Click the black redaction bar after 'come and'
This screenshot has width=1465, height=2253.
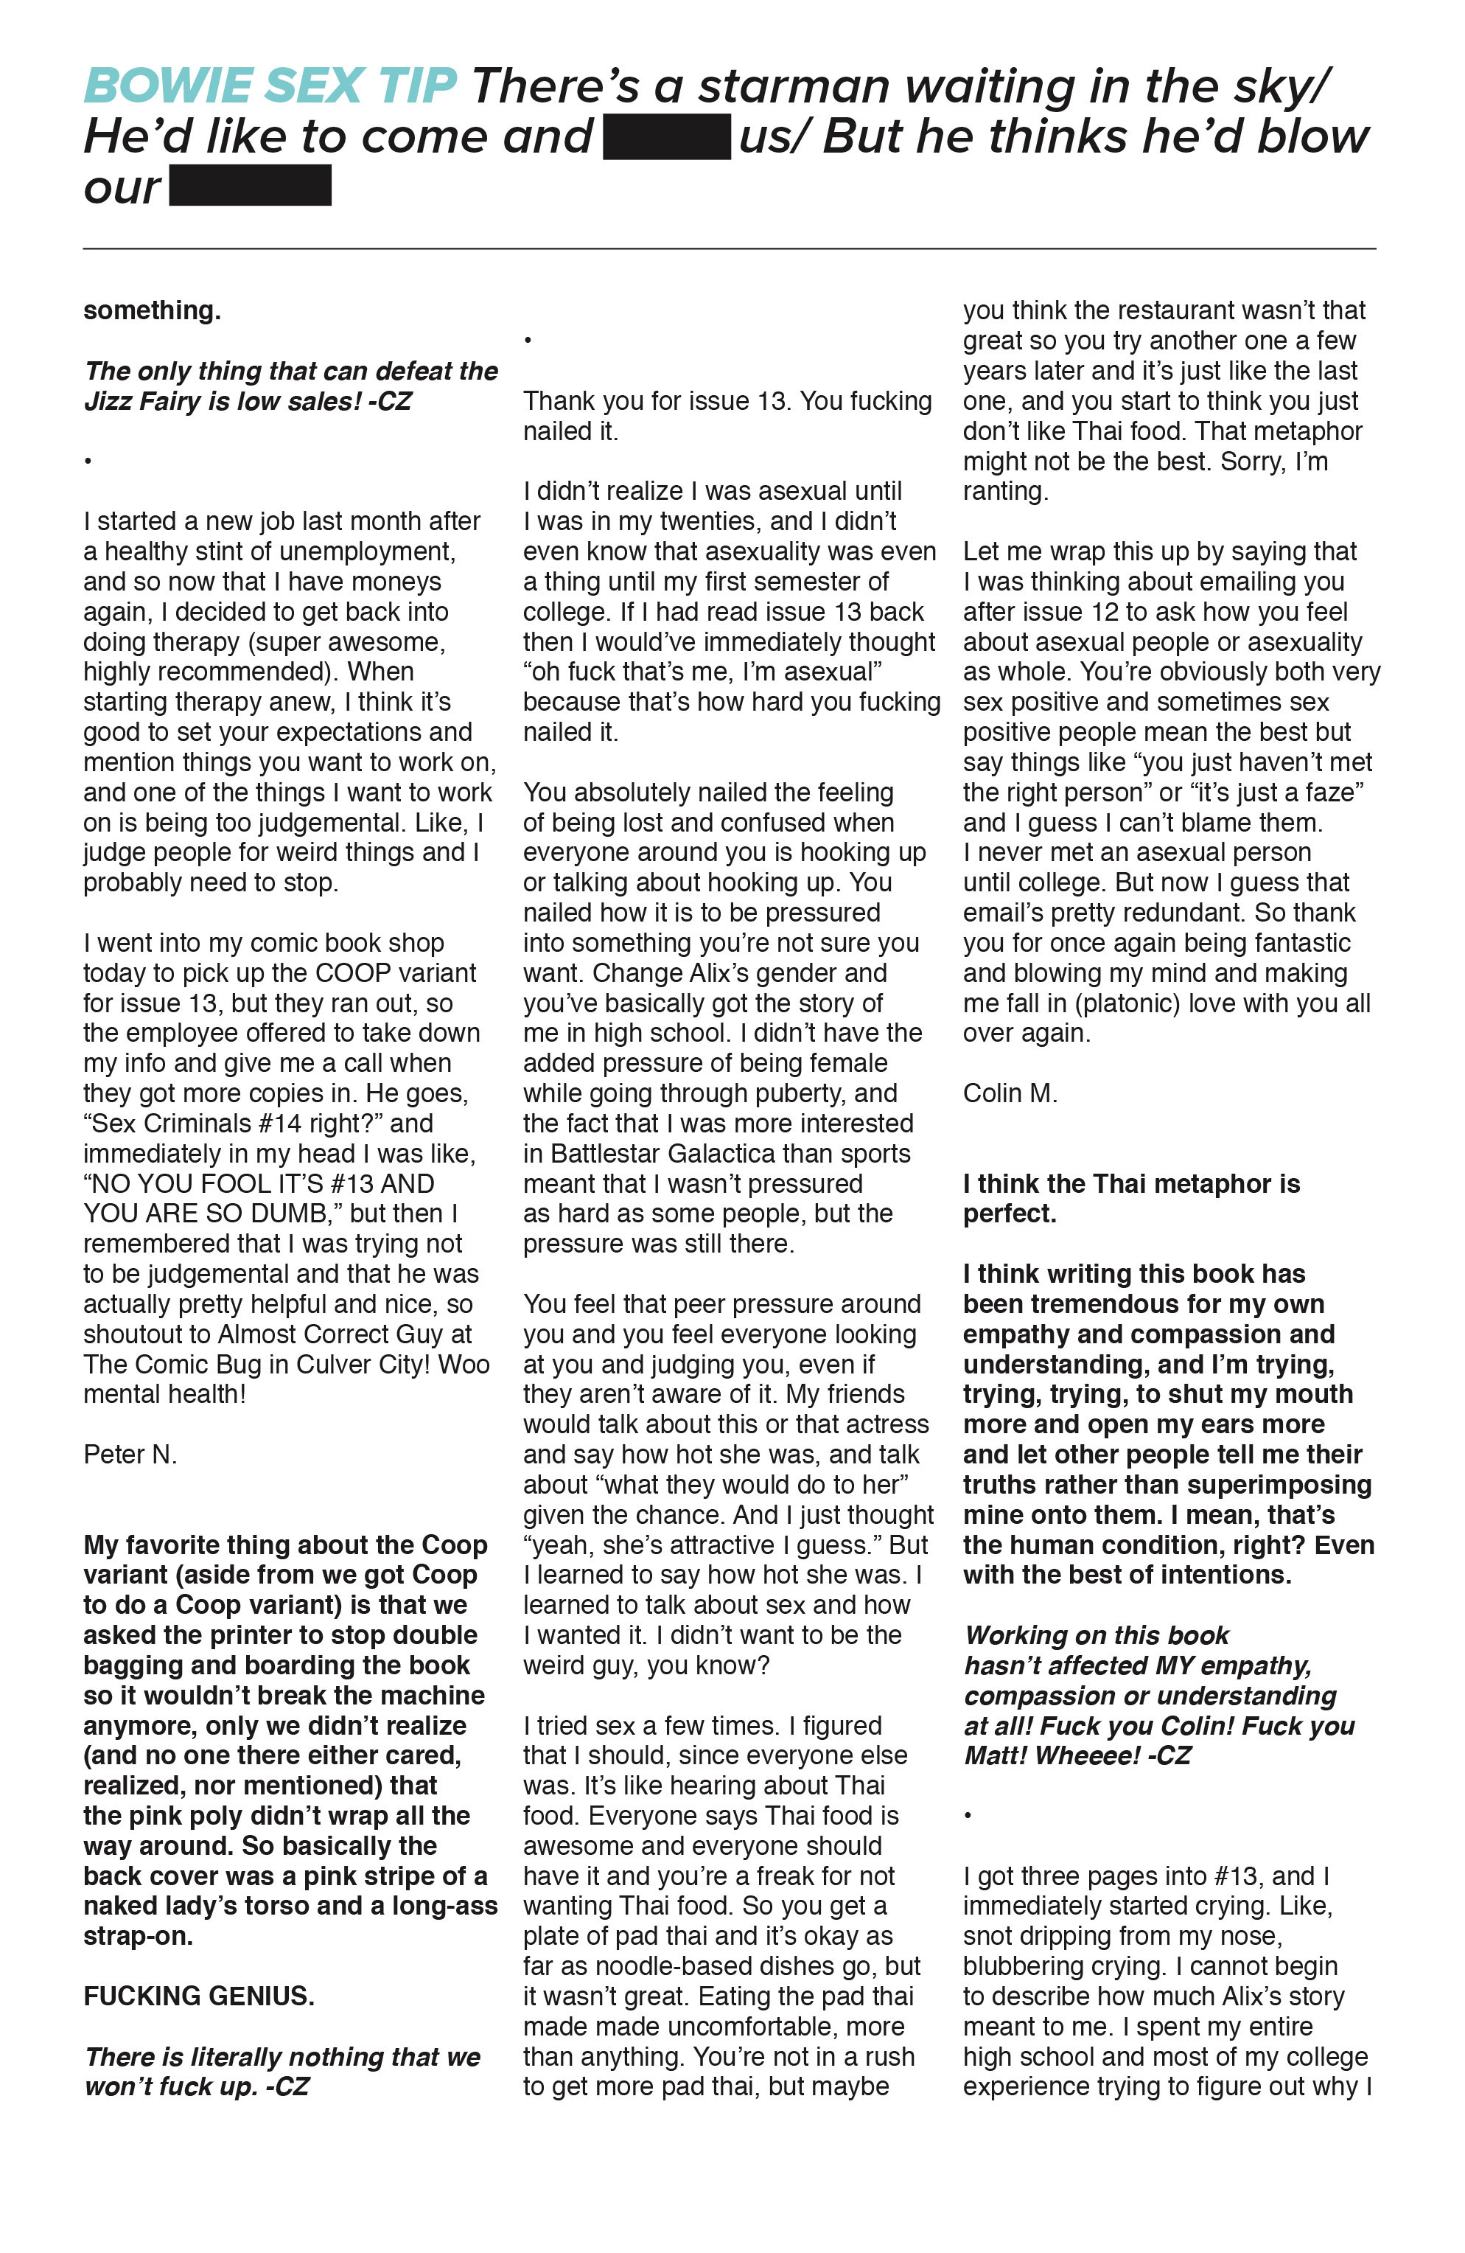pyautogui.click(x=666, y=136)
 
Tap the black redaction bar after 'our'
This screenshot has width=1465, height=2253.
pyautogui.click(x=250, y=186)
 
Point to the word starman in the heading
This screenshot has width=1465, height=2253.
pyautogui.click(x=792, y=86)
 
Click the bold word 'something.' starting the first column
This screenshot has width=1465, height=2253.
pyautogui.click(x=151, y=310)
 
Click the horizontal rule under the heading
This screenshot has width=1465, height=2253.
pyautogui.click(x=729, y=249)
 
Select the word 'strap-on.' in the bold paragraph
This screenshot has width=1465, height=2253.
pyautogui.click(x=138, y=1936)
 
